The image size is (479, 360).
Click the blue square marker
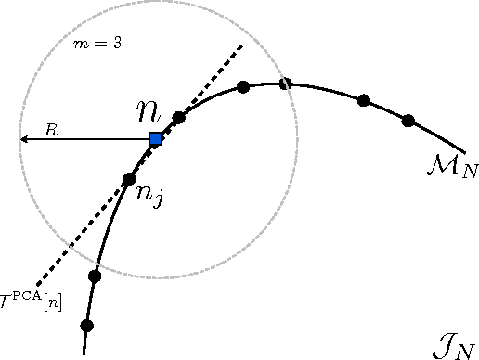156,139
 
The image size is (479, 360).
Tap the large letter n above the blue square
149,112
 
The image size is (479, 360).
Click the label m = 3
97,44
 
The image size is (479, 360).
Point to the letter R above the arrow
52,130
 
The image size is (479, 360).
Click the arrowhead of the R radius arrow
23,139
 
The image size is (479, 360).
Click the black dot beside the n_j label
130,178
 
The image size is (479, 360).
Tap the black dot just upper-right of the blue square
179,118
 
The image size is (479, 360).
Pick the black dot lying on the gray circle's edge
286,84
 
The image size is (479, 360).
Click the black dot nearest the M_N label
408,120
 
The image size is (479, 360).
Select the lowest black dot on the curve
87,326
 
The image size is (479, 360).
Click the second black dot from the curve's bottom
94,276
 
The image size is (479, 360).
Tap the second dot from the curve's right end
364,99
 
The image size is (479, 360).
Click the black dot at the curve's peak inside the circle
243,87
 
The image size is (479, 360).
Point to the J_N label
454,347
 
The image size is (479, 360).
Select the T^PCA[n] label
32,299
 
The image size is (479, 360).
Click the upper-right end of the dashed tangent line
242,44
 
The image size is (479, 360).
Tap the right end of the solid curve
463,149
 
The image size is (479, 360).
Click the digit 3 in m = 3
117,44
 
